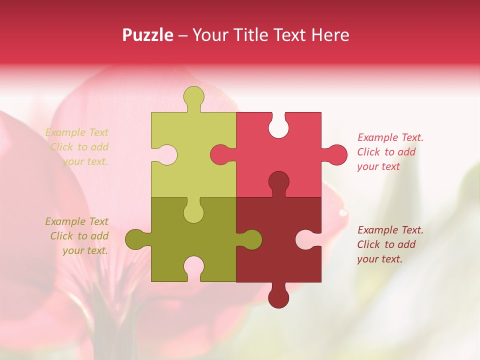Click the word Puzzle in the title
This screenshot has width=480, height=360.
click(x=148, y=35)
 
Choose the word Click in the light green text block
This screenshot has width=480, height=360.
click(x=61, y=147)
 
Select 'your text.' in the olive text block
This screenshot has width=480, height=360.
click(x=85, y=250)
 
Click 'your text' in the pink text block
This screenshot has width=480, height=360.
click(x=378, y=166)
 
